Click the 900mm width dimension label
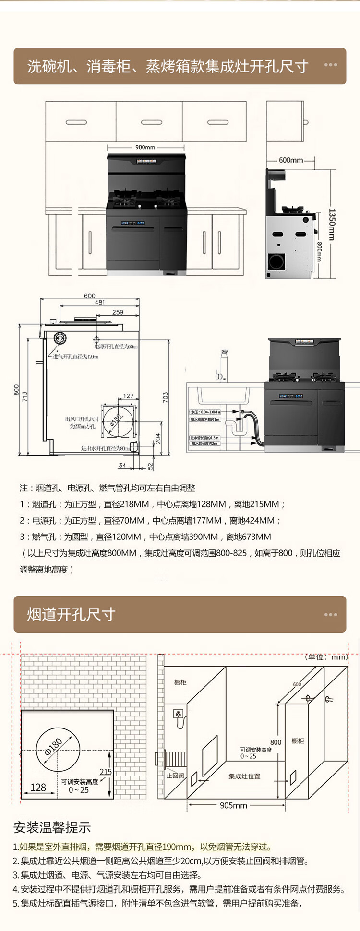point(145,147)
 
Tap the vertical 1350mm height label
point(331,224)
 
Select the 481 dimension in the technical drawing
point(100,302)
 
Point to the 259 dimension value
point(118,312)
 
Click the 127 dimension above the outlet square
point(128,396)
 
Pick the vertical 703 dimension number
point(165,397)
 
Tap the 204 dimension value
point(158,439)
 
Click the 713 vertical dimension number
point(25,397)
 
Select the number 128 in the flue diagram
point(38,787)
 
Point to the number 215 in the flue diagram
point(106,772)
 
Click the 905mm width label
point(233,805)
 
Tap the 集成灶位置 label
point(244,776)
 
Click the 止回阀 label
point(175,776)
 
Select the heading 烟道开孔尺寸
point(71,614)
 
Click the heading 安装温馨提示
point(52,827)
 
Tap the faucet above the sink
point(222,365)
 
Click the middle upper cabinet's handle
point(151,122)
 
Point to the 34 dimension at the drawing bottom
point(122,465)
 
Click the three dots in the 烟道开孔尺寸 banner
point(331,615)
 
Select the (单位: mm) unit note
point(326,657)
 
